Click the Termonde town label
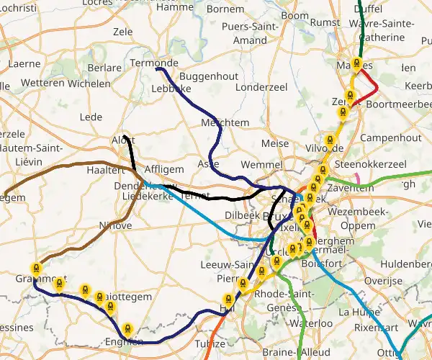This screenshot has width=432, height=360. [x=153, y=63]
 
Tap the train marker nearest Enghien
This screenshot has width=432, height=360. [x=127, y=328]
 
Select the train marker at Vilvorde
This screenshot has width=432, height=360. [x=330, y=140]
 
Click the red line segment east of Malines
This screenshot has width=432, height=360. [x=372, y=80]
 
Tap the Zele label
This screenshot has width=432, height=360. [x=123, y=32]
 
